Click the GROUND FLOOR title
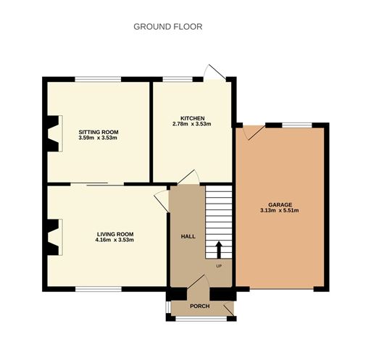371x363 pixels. point(168,27)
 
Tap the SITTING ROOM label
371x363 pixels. point(99,132)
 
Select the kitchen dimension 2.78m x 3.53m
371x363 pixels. point(192,124)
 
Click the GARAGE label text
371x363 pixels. point(280,205)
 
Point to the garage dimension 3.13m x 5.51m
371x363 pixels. point(280,211)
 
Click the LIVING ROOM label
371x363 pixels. point(115,234)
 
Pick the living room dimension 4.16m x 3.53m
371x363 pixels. point(114,240)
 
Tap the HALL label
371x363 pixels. point(188,236)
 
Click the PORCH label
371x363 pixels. point(200,306)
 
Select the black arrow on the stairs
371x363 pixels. point(219,250)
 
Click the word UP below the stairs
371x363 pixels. point(219,266)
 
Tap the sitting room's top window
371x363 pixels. point(98,79)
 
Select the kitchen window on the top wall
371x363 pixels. point(178,79)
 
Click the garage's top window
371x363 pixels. point(297,125)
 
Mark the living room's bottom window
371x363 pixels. point(99,289)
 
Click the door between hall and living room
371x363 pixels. point(162,201)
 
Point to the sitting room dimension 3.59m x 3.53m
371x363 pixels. point(98,138)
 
